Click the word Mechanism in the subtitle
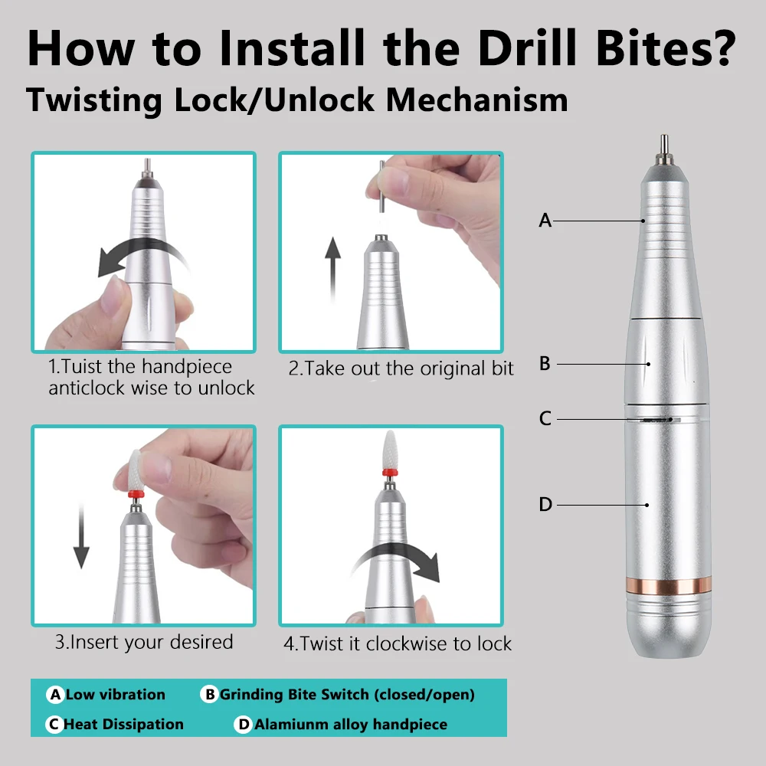pos(477,100)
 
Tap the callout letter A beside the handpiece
pos(545,221)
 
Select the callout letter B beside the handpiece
pos(545,363)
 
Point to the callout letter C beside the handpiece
pos(545,419)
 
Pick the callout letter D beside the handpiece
pos(545,504)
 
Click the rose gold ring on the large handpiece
pos(668,585)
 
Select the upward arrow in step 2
pos(332,269)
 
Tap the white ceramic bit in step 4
pos(390,450)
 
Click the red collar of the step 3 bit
pos(136,494)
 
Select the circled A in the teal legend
pos(56,694)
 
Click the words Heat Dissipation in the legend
pos(123,724)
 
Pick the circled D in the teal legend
pos(244,724)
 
